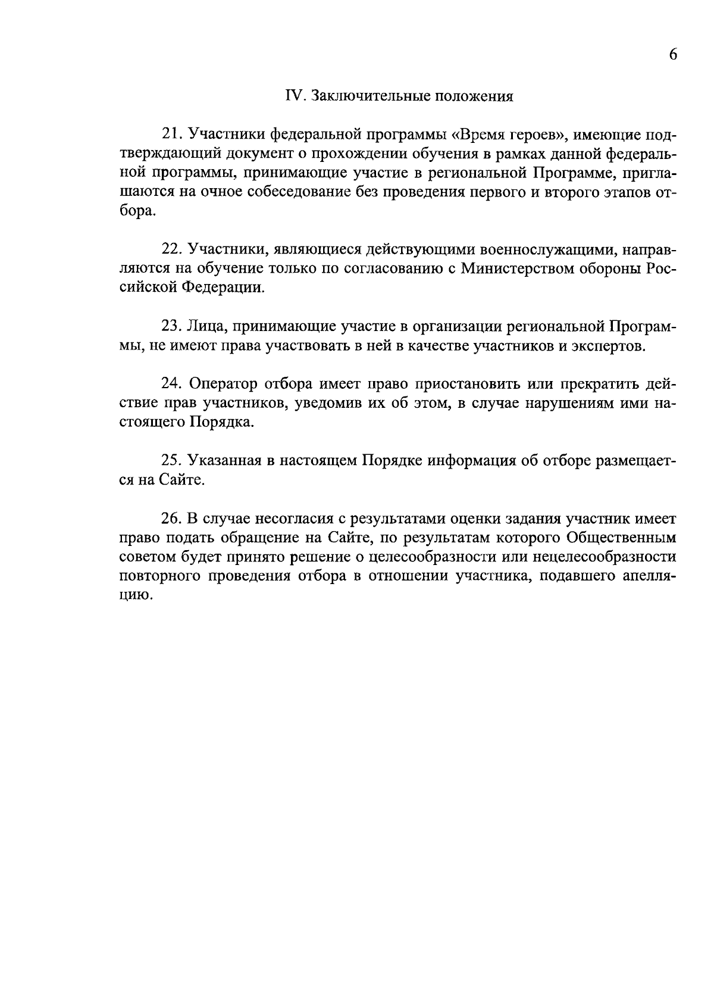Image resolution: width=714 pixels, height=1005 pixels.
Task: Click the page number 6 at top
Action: pos(673,55)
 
